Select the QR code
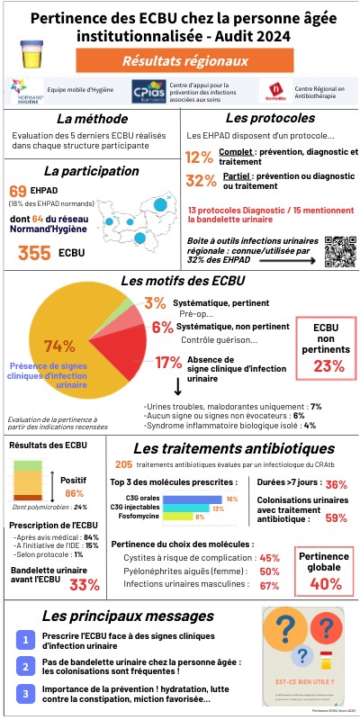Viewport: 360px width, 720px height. pos(339,250)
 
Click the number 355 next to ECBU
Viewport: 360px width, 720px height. pos(33,253)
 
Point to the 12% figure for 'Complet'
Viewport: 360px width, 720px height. pos(199,157)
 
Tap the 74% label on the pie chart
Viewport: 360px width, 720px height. pos(58,346)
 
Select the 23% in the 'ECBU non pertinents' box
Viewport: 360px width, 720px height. pos(328,365)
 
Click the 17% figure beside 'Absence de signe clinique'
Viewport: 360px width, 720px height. pos(168,363)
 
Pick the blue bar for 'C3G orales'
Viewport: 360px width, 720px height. pos(197,498)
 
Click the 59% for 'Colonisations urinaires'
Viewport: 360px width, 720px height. pos(336,517)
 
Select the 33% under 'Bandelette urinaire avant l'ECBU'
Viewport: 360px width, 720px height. pos(84,584)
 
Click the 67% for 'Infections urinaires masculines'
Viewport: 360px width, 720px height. pos(268,585)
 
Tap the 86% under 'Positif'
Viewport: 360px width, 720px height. pos(75,493)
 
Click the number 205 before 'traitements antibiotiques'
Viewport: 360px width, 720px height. pos(124,464)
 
